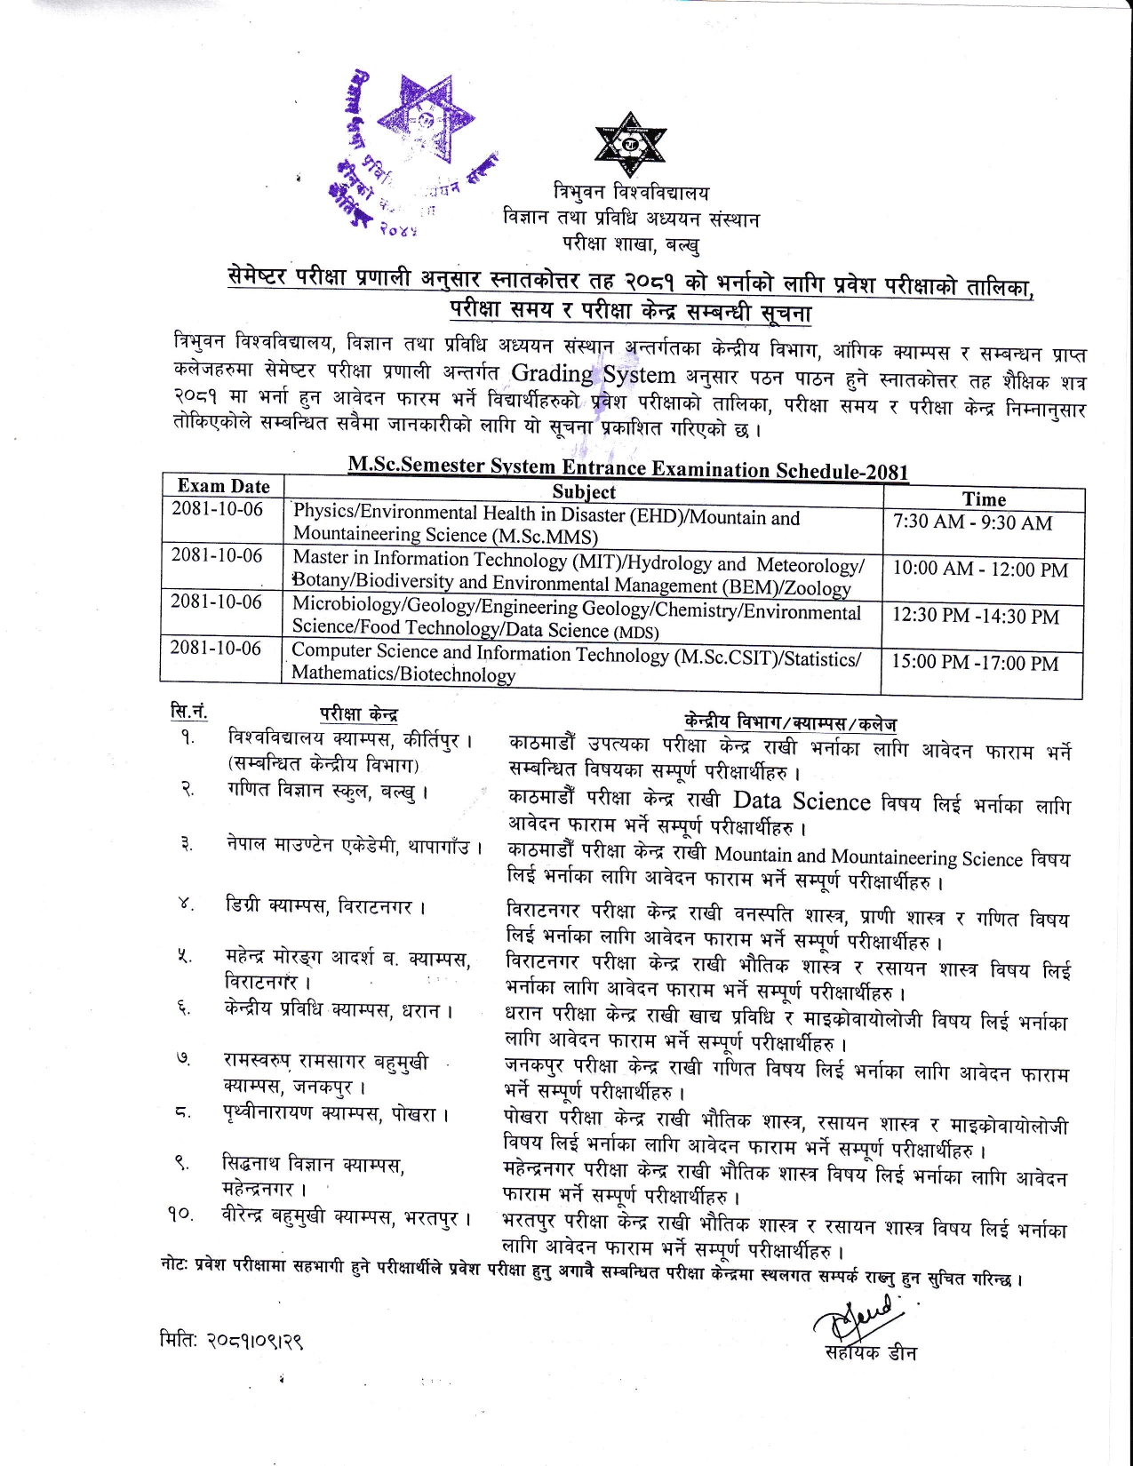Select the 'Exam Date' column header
223,486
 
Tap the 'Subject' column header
583,491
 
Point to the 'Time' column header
984,499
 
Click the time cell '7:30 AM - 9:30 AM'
972,522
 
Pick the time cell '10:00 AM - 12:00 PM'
979,569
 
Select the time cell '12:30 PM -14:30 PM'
975,617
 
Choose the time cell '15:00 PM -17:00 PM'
974,664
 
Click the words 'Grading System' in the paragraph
594,374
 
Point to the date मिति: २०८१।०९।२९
232,1340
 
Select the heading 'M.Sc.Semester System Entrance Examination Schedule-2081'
627,467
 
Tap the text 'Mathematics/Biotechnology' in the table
403,673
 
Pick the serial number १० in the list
180,1215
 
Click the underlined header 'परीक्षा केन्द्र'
358,714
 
